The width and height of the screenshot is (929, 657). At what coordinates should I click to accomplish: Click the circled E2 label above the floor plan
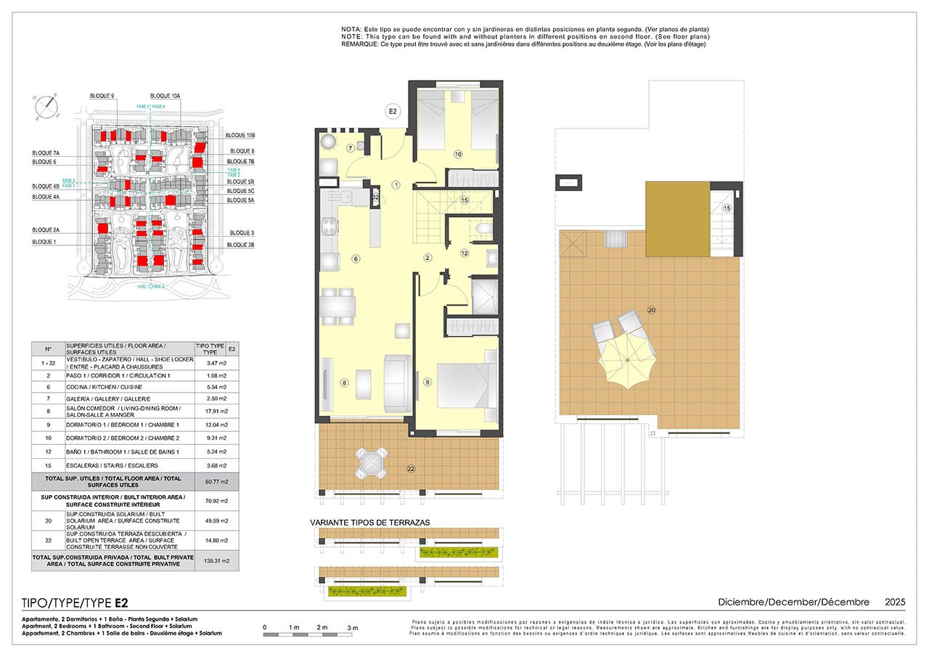(392, 111)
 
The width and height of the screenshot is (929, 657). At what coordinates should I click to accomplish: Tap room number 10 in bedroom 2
(458, 154)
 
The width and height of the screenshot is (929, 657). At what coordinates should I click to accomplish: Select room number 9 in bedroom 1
(428, 383)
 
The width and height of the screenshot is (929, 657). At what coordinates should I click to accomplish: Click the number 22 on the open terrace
(411, 469)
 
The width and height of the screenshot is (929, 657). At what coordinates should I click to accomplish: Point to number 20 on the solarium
(651, 311)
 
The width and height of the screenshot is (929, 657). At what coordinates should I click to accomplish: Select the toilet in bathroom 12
(482, 231)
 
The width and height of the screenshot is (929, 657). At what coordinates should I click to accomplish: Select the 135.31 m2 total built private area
(211, 560)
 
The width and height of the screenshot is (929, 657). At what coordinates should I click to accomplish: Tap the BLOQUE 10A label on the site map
(165, 96)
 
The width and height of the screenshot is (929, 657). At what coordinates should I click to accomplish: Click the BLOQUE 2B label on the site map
(240, 245)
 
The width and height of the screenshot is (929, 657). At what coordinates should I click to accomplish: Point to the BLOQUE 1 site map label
(44, 242)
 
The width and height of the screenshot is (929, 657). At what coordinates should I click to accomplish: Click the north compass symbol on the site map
(46, 106)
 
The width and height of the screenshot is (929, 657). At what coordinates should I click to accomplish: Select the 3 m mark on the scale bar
(353, 627)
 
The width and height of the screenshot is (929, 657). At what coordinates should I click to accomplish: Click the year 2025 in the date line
(895, 603)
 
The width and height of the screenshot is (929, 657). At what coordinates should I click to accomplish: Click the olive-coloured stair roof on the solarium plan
(677, 219)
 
